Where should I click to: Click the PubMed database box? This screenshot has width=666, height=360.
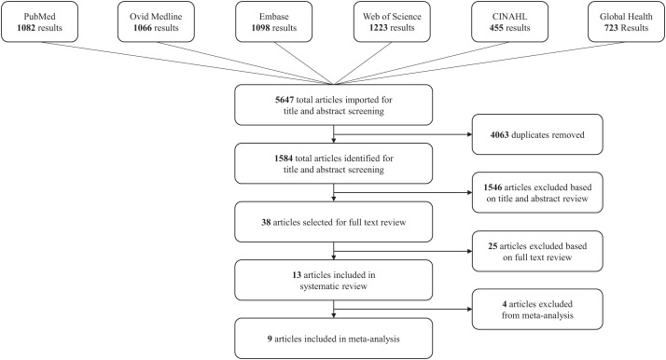pos(39,21)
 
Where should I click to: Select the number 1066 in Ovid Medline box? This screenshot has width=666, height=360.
pos(143,28)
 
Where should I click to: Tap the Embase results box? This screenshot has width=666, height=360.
pos(274,21)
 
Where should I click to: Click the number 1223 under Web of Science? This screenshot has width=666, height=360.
pos(378,28)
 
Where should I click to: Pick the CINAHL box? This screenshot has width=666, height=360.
pos(509,21)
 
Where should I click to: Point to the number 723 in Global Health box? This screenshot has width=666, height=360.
pos(611,28)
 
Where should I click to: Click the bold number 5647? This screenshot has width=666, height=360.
pos(284,100)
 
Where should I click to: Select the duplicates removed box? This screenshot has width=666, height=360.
pos(537,134)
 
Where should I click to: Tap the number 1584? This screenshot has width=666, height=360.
pos(284,159)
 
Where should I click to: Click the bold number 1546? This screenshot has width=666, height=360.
pos(493,187)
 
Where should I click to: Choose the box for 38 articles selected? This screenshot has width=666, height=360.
pos(333,222)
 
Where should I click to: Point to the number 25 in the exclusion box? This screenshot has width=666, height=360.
pos(493,246)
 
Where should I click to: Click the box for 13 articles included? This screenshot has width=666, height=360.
pos(333,280)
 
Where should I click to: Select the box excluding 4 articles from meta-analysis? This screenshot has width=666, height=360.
pos(537,310)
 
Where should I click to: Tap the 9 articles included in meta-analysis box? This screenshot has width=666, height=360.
pos(333,339)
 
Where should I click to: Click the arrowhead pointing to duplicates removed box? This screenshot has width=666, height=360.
pos(469,134)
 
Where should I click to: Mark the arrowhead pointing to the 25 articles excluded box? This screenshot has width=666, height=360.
pos(469,251)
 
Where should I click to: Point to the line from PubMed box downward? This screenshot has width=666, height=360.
pos(187,63)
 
